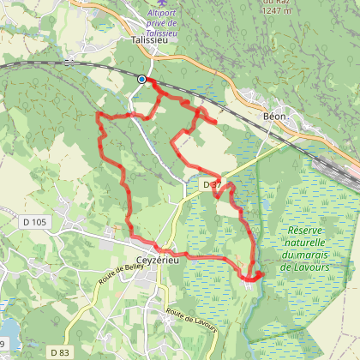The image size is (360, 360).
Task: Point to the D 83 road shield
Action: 59,351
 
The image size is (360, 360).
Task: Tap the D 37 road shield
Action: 213,185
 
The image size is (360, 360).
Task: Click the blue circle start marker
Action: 141,80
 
